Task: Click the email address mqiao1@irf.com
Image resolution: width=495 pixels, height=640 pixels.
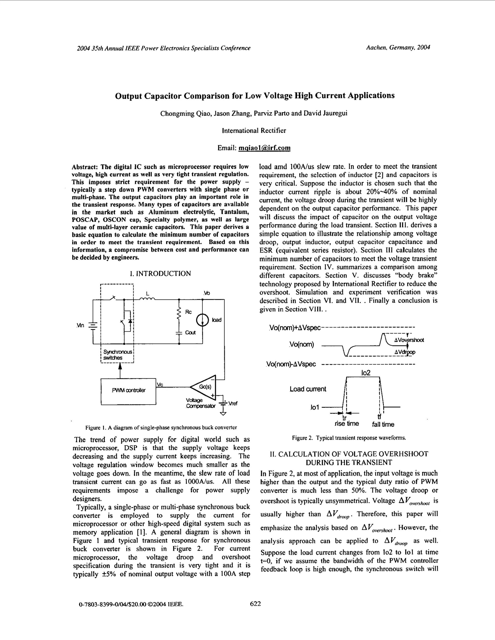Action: click(x=264, y=148)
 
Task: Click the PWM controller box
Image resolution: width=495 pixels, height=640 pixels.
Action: click(x=128, y=391)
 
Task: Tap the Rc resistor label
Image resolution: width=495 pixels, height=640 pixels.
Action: click(x=188, y=312)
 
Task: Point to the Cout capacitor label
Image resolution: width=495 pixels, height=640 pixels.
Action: click(x=190, y=333)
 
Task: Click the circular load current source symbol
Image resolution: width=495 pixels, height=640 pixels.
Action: click(x=203, y=320)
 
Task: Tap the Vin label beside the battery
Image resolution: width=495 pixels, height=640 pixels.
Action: click(x=80, y=325)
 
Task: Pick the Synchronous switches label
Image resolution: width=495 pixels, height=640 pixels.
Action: click(x=117, y=355)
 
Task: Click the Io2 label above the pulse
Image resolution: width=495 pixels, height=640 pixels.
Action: click(x=366, y=373)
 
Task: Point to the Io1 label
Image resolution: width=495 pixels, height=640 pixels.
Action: click(x=314, y=407)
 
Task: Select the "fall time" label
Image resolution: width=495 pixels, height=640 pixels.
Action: click(x=383, y=424)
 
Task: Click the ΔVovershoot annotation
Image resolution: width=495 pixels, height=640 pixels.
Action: click(x=409, y=340)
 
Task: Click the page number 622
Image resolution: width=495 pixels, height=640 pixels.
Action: click(x=255, y=604)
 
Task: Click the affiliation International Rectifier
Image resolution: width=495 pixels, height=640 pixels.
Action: click(x=254, y=131)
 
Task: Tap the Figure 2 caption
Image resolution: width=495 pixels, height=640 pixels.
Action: click(x=349, y=438)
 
